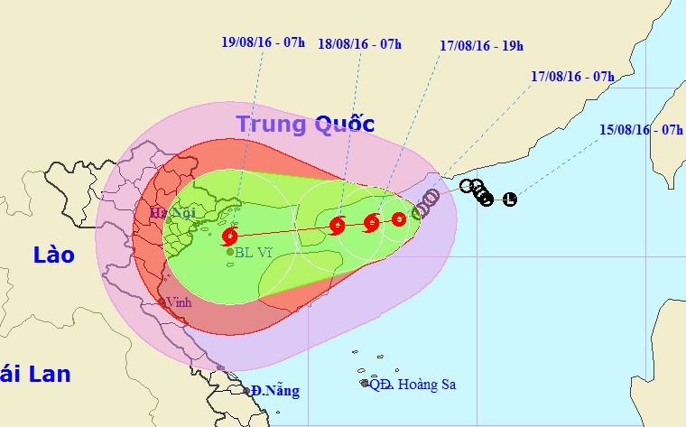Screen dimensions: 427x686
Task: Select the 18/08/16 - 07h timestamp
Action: pos(359,44)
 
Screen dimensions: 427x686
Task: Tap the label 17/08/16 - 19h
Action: pos(482,44)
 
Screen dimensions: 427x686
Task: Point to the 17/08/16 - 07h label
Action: pos(572,77)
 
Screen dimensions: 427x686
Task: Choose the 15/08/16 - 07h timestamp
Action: pos(641,130)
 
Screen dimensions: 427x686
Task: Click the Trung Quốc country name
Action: pos(305,124)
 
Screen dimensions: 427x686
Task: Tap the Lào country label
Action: pos(53,255)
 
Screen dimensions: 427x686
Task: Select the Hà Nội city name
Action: pos(171,214)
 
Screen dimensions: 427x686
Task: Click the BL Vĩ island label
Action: pos(254,253)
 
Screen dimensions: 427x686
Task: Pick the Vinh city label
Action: pos(180,302)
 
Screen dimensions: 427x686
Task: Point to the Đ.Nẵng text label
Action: pos(275,391)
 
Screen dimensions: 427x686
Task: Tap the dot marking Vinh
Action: pos(162,302)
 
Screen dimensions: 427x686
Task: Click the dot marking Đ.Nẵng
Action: pos(248,391)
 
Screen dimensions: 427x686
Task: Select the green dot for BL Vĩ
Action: pos(230,252)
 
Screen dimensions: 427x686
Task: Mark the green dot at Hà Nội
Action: pos(169,220)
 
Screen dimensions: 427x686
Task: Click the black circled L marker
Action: pos(510,199)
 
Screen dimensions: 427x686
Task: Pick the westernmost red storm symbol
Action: pos(229,237)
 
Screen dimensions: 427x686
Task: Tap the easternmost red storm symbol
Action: pos(399,218)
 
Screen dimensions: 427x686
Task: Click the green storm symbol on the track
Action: pos(418,213)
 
